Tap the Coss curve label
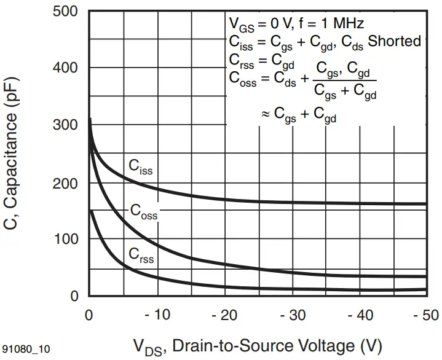143,211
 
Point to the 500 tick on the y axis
66,11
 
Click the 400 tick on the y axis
66,67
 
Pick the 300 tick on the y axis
66,125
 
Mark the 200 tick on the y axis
66,182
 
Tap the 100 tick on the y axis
66,239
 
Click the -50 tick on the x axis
425,315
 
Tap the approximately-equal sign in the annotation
265,114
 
